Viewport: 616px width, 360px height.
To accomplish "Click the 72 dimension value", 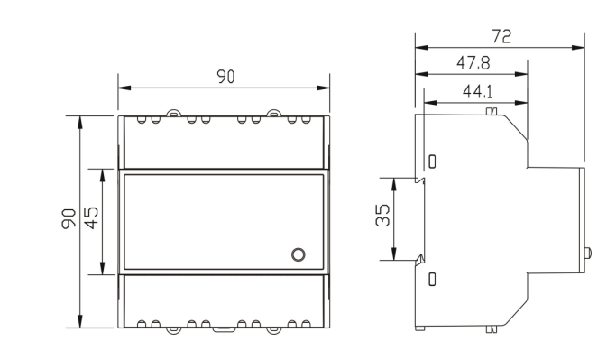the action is pos(501,37).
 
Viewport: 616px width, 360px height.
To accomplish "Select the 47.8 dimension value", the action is pos(473,63).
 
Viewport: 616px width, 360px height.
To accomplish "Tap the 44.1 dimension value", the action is pos(477,92).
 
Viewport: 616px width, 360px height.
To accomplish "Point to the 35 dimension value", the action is pos(383,215).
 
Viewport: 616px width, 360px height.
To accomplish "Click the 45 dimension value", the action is pos(91,217).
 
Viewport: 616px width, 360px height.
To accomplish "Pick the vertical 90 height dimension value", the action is pos(69,218).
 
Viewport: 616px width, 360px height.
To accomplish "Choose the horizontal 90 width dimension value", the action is pos(225,77).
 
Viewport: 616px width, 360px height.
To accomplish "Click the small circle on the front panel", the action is pos(299,254).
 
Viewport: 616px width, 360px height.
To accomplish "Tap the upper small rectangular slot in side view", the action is pos(432,162).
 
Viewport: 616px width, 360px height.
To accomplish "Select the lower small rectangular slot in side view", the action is pos(432,279).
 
